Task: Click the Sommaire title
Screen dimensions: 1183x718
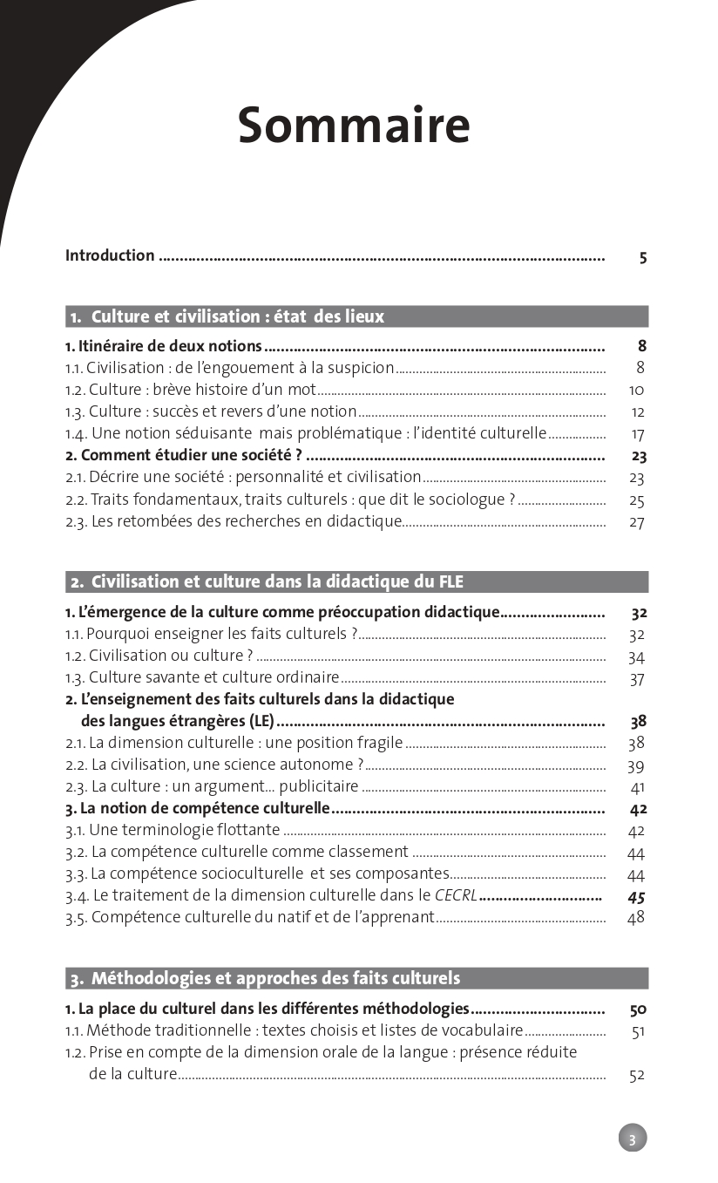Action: [x=354, y=125]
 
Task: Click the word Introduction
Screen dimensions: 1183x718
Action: [x=110, y=255]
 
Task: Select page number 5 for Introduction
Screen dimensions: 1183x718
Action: [x=642, y=257]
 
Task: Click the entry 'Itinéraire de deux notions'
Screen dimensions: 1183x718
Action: [x=164, y=346]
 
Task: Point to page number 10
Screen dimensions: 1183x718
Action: [x=637, y=391]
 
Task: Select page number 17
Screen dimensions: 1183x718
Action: [x=638, y=434]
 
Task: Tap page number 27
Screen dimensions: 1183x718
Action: [x=637, y=522]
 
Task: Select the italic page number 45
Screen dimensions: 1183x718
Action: [x=636, y=896]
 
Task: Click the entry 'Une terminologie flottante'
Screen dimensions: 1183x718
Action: [x=173, y=830]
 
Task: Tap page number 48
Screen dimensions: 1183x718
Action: [x=636, y=917]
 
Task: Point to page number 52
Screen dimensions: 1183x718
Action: [x=637, y=1075]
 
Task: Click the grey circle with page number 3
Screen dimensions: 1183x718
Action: [x=633, y=1138]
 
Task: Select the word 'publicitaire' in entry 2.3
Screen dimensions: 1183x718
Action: [x=315, y=786]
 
